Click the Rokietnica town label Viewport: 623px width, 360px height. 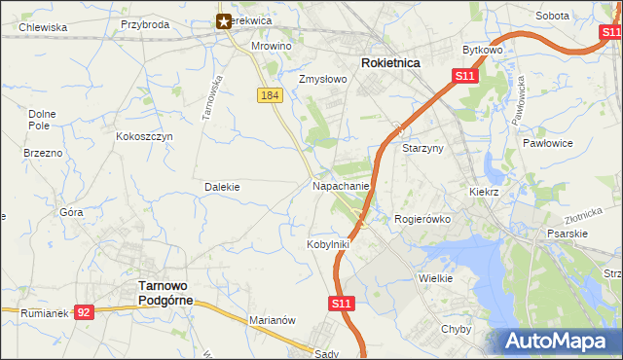click(x=390, y=62)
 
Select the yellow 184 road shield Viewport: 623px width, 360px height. click(x=271, y=94)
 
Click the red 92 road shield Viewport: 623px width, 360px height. click(x=84, y=312)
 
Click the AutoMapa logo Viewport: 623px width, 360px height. click(x=561, y=342)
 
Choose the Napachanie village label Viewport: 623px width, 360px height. click(x=341, y=185)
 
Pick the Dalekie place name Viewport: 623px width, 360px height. click(x=222, y=186)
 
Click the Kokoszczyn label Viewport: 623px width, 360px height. click(x=144, y=137)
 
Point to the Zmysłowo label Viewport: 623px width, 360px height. click(x=322, y=80)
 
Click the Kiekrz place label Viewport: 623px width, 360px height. click(x=483, y=193)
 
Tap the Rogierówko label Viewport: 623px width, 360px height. click(x=422, y=219)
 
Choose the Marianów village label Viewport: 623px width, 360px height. click(x=272, y=319)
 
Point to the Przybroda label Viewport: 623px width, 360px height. click(x=145, y=24)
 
